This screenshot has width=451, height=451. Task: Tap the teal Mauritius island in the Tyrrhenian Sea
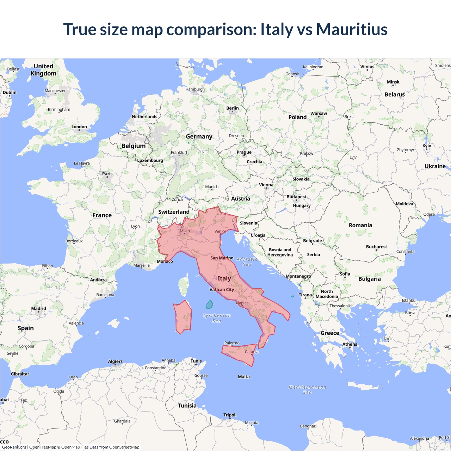click(x=209, y=304)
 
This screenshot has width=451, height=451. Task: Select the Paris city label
click(x=107, y=174)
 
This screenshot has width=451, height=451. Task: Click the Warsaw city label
click(x=319, y=113)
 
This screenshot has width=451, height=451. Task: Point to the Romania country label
click(x=360, y=225)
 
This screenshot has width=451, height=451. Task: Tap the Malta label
click(x=243, y=377)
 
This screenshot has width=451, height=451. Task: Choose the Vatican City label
click(x=222, y=290)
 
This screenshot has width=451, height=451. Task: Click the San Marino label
click(x=222, y=258)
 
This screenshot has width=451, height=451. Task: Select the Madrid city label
click(x=38, y=309)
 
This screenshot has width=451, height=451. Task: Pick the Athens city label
click(x=350, y=344)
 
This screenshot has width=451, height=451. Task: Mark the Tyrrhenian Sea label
click(x=217, y=318)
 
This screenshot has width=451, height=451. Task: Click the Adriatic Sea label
click(x=247, y=262)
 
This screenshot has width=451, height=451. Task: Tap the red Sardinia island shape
click(x=183, y=317)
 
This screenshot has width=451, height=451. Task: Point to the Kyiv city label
click(x=427, y=146)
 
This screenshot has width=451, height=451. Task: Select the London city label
click(x=79, y=127)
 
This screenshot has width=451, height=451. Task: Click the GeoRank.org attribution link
click(x=14, y=447)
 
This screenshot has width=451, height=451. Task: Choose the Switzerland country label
click(x=174, y=212)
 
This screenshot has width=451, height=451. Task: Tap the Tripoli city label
click(x=230, y=415)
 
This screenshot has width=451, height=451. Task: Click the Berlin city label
click(x=232, y=108)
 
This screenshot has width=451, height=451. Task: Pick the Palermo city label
click(x=232, y=343)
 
